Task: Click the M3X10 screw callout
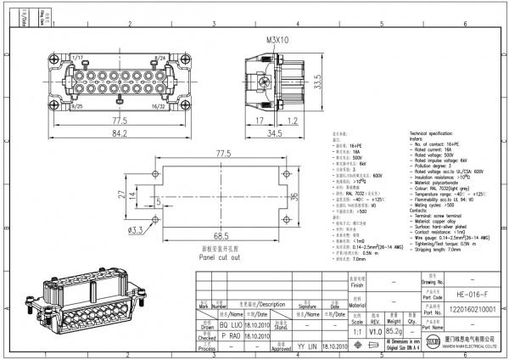pyautogui.click(x=277, y=39)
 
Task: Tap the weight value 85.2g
pyautogui.click(x=393, y=332)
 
